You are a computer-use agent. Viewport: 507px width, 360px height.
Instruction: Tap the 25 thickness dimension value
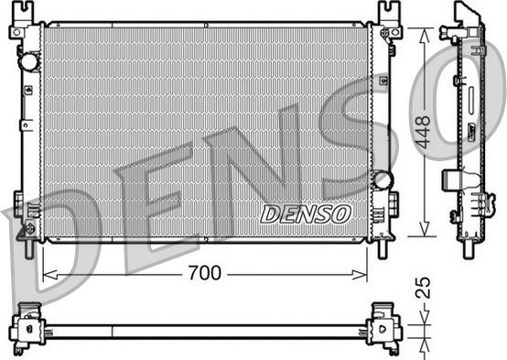click(423, 291)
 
